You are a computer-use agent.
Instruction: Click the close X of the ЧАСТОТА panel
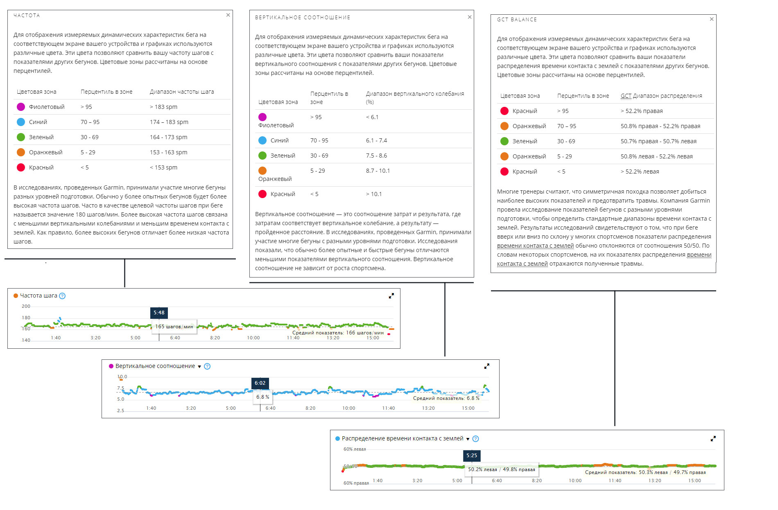point(228,15)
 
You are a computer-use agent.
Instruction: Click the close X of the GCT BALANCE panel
point(712,19)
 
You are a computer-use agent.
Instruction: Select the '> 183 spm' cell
point(163,107)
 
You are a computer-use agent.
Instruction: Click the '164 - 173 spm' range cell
point(168,137)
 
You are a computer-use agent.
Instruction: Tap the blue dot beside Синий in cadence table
point(21,122)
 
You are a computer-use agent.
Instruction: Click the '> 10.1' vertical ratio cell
point(374,194)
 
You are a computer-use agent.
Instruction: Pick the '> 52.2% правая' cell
point(641,111)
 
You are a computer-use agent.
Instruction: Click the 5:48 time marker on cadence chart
point(159,313)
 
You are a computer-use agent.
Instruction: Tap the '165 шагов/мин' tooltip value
point(174,327)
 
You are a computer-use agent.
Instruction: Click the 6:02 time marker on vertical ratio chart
point(260,383)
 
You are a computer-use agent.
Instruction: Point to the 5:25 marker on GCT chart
point(472,456)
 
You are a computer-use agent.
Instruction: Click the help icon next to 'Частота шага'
point(62,296)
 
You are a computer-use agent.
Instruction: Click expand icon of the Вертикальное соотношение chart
point(486,366)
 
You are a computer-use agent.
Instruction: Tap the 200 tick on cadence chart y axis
point(26,306)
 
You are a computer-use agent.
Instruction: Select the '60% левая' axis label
point(355,449)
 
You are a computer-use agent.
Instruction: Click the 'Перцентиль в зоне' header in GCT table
point(583,96)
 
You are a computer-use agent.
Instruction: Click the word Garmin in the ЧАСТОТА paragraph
point(113,187)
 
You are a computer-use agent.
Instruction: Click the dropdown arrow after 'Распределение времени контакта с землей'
point(468,439)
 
